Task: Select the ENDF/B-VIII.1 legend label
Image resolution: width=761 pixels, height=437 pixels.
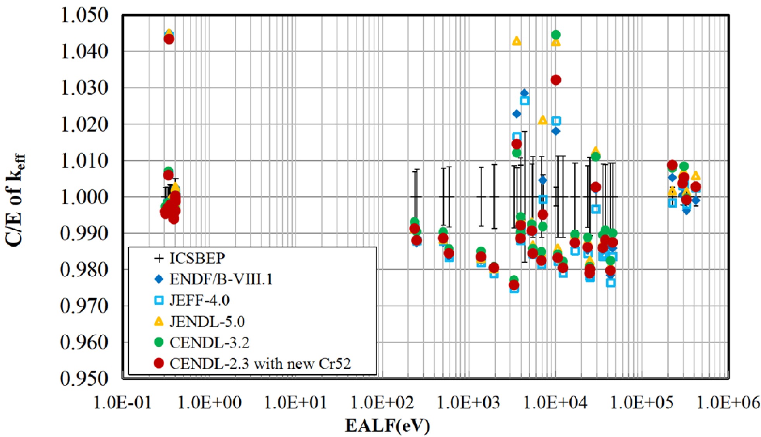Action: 221,279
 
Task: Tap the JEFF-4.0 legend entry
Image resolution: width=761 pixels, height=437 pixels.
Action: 199,300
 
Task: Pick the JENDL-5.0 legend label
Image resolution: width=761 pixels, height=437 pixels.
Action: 207,322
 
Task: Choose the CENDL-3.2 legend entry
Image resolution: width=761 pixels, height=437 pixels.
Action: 209,342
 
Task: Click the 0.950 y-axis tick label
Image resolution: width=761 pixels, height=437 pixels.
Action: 84,379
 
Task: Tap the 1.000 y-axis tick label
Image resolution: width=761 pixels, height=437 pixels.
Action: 84,197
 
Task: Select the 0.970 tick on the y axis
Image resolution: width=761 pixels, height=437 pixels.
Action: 84,306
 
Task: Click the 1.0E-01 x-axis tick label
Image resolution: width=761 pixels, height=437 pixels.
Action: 123,403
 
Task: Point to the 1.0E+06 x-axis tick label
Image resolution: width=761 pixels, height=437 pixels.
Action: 728,403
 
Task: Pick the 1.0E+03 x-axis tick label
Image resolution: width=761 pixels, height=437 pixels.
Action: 469,403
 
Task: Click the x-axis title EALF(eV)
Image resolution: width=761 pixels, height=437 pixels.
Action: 387,425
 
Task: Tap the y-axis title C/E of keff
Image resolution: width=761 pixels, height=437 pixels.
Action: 15,200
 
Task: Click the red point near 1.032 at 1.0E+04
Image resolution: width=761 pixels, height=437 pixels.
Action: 556,80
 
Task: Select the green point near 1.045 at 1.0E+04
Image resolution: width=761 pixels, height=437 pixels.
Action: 556,35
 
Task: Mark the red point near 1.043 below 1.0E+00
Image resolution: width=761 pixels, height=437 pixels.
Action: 169,39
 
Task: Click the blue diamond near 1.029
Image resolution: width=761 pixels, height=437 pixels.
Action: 524,93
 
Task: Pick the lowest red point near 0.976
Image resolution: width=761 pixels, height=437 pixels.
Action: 514,285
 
